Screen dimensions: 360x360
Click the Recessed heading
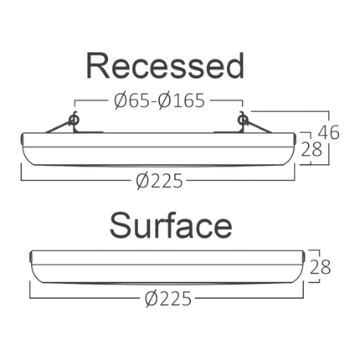[x=165, y=66]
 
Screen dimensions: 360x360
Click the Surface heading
[x=171, y=225]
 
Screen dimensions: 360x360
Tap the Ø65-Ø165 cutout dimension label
[x=159, y=100]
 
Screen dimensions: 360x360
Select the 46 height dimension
[x=329, y=132]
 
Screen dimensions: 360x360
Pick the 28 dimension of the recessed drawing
[x=311, y=149]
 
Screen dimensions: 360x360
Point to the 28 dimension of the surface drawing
[x=321, y=267]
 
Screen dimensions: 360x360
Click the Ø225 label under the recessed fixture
[x=159, y=181]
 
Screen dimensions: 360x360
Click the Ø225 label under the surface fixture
[x=168, y=299]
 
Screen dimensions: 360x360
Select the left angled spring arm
[x=57, y=127]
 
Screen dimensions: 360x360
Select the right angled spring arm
[x=260, y=127]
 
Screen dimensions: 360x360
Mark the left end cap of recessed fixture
[x=23, y=139]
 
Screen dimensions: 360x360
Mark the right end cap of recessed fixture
[x=294, y=139]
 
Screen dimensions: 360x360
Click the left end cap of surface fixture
[x=31, y=256]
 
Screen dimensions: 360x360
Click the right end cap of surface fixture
[x=303, y=256]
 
